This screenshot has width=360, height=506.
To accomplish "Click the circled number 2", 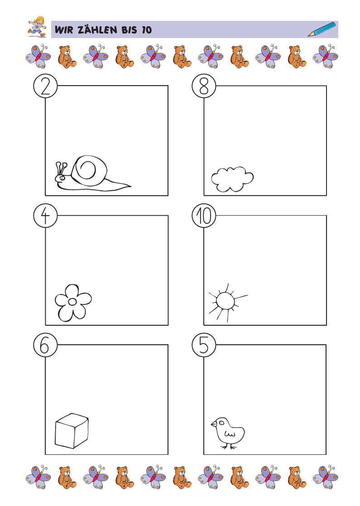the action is tap(45, 86).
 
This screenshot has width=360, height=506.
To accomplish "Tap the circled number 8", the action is tap(204, 86).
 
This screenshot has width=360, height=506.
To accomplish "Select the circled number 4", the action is tap(45, 216).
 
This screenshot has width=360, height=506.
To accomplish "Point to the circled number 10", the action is tap(204, 216).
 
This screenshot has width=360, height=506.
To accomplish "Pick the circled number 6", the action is tap(45, 345).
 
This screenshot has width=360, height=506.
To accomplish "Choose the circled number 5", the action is tap(204, 345).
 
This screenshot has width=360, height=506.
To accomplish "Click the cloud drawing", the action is tap(232, 179).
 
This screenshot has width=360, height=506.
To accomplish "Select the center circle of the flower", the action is tap(72, 302).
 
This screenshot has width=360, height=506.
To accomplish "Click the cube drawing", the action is tap(72, 431).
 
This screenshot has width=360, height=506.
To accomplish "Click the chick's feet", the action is tap(229, 447).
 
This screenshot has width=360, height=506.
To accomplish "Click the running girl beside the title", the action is tap(37, 27).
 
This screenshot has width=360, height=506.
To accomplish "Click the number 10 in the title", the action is tap(146, 30).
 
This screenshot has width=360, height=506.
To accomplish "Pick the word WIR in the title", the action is tap(64, 30).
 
